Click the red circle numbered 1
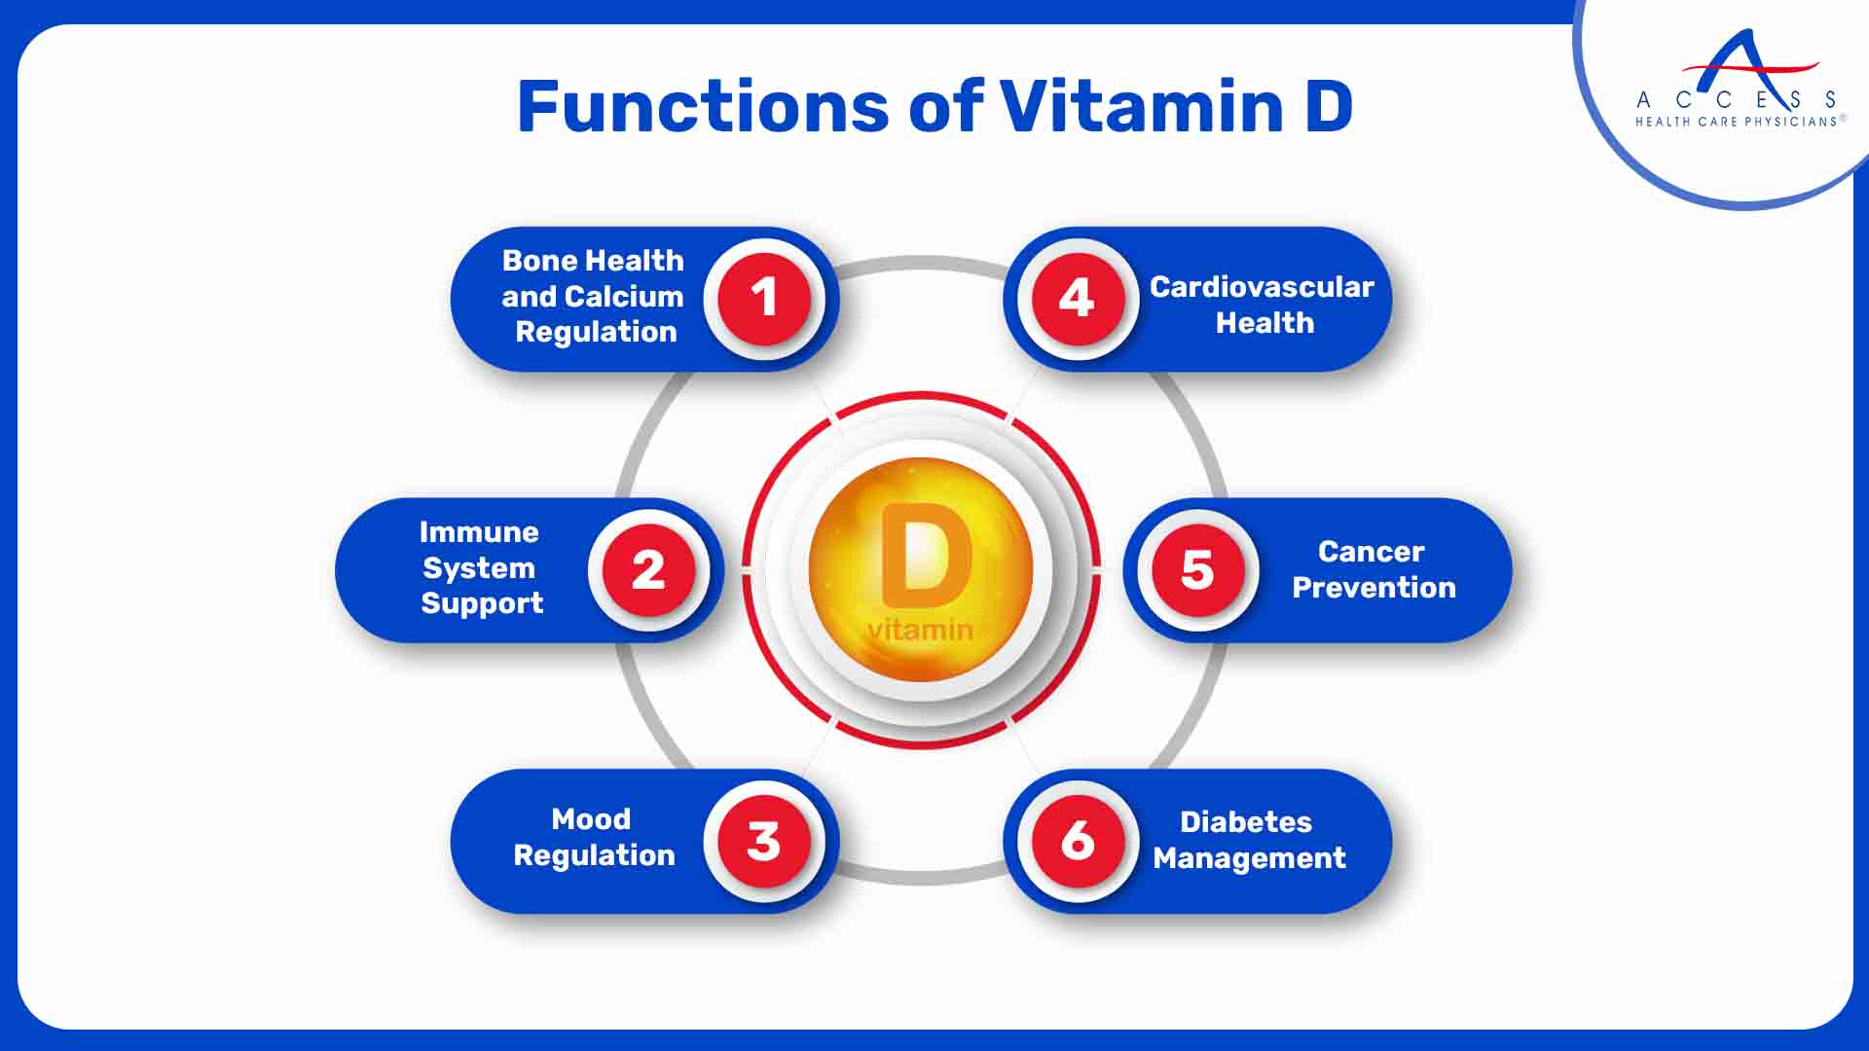[764, 298]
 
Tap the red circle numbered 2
[648, 569]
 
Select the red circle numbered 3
[764, 841]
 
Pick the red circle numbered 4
[1077, 298]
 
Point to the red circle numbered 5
[1197, 569]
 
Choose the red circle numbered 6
[1077, 841]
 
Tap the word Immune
[478, 532]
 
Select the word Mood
[591, 819]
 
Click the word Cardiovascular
[1262, 287]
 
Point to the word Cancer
[1371, 552]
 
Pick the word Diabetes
[1246, 822]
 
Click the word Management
[1249, 858]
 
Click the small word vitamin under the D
[920, 631]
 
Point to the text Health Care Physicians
[1736, 122]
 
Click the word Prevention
[1374, 588]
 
